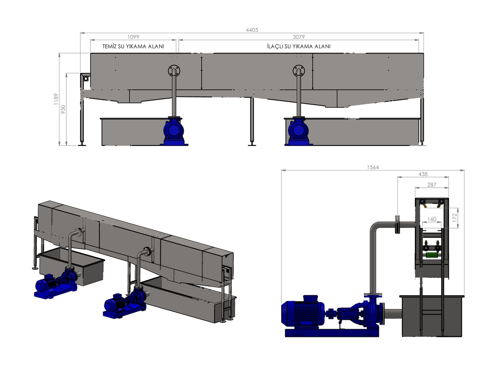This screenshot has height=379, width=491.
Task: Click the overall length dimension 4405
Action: pos(252,30)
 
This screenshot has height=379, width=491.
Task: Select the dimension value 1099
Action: pos(133,37)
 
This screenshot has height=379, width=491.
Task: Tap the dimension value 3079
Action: pos(298,37)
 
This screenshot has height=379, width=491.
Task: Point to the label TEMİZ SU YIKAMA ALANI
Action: pos(133,47)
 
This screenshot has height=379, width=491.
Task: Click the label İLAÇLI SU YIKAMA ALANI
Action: pos(298,47)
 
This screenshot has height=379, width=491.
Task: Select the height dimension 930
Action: pos(63,109)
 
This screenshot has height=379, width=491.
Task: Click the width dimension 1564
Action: pos(373,167)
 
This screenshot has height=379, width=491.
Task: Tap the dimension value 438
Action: pos(423,174)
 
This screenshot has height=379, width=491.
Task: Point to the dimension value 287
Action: pos(431,185)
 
